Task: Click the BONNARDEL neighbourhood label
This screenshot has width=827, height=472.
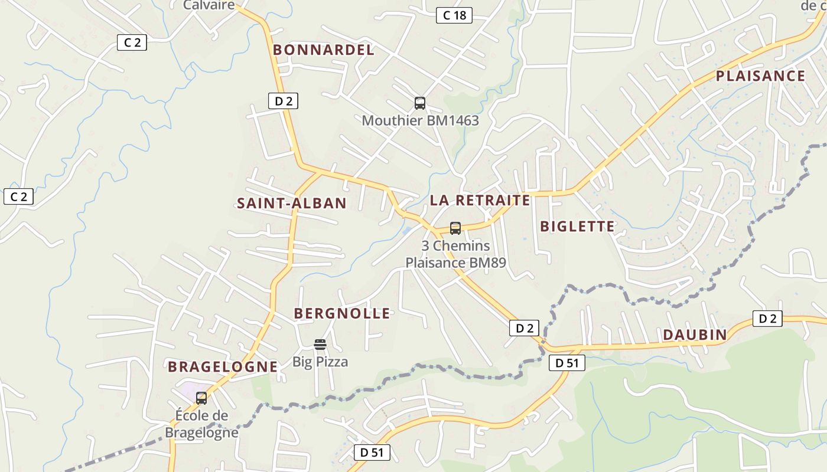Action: pos(324,50)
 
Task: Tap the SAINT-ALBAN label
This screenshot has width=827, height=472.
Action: pos(291,204)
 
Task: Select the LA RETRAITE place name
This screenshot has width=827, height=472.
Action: pos(480,200)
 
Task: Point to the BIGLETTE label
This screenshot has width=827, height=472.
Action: pos(577,226)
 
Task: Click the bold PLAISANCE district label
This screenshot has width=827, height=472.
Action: pos(760,76)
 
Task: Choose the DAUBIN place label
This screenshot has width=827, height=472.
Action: pos(695,335)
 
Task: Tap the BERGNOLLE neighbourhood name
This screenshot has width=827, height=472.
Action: pos(342,313)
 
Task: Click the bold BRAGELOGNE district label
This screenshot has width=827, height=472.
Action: pos(223,366)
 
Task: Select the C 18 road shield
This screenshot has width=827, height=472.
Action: pos(454,15)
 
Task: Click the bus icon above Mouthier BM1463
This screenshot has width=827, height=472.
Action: pos(420,103)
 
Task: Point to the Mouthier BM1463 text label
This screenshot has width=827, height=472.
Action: pos(420,120)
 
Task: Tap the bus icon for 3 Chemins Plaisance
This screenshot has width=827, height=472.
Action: pos(455,228)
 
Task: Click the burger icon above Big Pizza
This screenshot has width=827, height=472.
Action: pos(320,344)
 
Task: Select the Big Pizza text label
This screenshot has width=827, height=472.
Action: pos(320,362)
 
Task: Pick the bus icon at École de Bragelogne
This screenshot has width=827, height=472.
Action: pos(201,398)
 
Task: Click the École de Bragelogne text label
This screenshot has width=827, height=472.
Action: pos(201,424)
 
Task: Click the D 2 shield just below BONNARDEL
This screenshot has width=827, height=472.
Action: pos(284,101)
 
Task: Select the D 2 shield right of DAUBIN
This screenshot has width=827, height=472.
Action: pos(767,319)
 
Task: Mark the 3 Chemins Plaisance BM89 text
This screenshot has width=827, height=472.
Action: pos(455,254)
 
